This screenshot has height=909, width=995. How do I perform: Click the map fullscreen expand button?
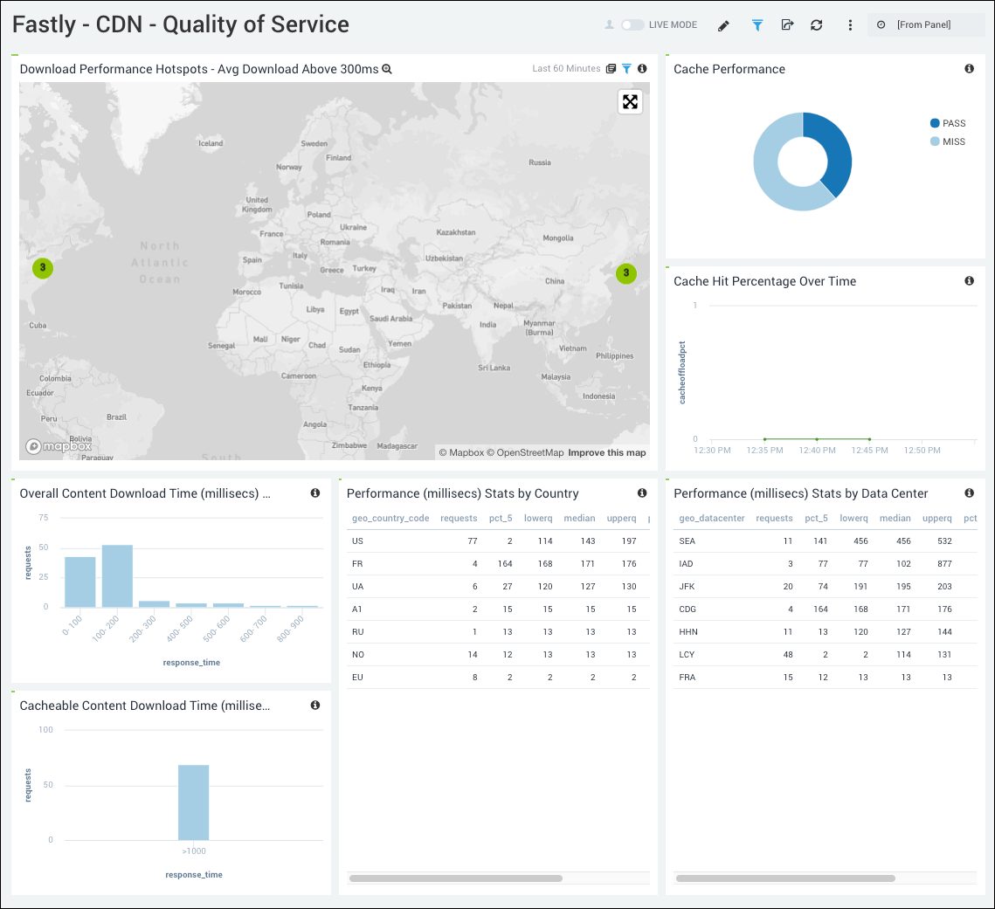click(x=630, y=102)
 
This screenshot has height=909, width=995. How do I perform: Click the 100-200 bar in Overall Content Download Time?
click(x=117, y=575)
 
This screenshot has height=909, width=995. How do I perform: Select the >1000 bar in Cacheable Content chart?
click(x=193, y=802)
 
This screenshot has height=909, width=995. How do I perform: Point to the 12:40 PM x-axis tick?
click(x=817, y=451)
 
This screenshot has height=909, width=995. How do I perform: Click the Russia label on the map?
click(x=540, y=162)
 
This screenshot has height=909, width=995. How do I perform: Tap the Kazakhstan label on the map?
click(x=456, y=232)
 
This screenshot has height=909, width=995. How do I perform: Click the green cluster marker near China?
click(x=626, y=273)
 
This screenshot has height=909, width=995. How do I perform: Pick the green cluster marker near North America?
click(x=42, y=268)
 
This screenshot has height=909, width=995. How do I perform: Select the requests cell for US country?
click(x=472, y=541)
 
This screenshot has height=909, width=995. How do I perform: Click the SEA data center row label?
click(x=688, y=541)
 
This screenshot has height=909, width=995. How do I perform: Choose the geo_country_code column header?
click(x=390, y=518)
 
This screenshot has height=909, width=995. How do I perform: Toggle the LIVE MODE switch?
click(x=632, y=25)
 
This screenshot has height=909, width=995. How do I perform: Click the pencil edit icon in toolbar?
click(x=723, y=25)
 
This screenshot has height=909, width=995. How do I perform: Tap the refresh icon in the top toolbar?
click(x=817, y=25)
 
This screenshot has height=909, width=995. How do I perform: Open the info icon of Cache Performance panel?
click(x=969, y=69)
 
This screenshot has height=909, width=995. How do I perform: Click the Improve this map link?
click(x=607, y=452)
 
